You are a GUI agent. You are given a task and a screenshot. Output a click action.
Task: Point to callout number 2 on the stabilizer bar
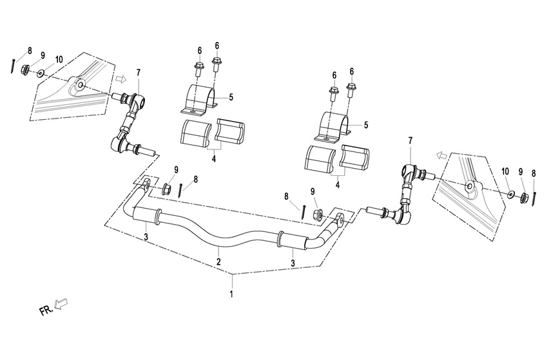click(218, 261)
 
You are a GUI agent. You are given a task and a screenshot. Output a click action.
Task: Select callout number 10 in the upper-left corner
click(59, 60)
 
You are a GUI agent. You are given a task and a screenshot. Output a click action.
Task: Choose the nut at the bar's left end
click(165, 189)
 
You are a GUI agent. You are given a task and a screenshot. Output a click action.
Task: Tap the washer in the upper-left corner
click(42, 73)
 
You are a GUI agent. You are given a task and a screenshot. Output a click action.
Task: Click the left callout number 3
click(146, 239)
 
